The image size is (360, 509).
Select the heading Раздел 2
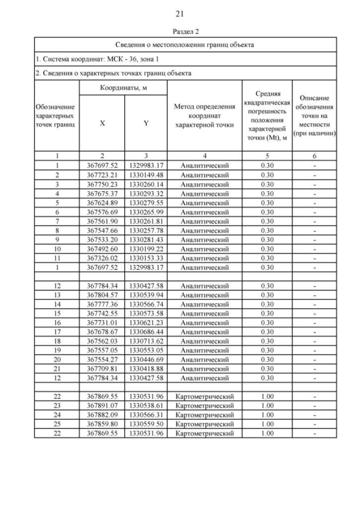pos(180,31)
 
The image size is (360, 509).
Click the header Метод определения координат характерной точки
pos(204,116)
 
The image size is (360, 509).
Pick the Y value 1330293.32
pos(146,193)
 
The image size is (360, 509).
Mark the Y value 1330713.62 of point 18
pos(146,341)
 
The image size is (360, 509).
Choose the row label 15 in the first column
pos(57,313)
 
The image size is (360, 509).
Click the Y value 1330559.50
pos(146,424)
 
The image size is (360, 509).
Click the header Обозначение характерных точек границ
pos(57,115)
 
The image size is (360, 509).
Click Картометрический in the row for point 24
pos(204,415)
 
